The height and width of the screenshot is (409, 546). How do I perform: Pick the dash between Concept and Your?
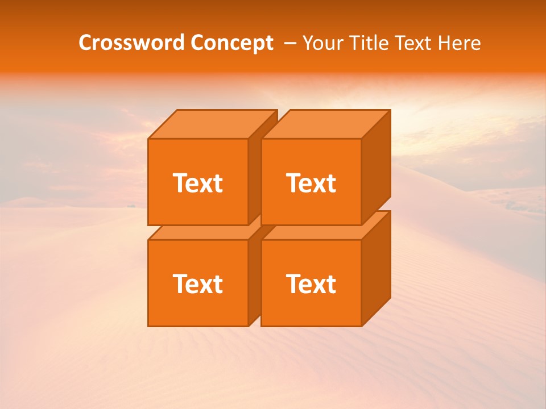[289, 43]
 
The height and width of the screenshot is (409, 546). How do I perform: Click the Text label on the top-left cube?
[197, 183]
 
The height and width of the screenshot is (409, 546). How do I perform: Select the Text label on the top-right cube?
[311, 183]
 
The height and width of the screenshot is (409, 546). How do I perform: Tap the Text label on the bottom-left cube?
[197, 283]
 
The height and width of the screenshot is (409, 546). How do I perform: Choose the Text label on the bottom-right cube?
[311, 283]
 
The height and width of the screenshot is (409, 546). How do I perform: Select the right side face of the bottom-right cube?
[376, 267]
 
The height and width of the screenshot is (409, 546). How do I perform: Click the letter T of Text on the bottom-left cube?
[180, 283]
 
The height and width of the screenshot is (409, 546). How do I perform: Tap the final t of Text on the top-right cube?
[331, 183]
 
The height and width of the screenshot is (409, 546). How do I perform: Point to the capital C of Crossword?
[86, 43]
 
